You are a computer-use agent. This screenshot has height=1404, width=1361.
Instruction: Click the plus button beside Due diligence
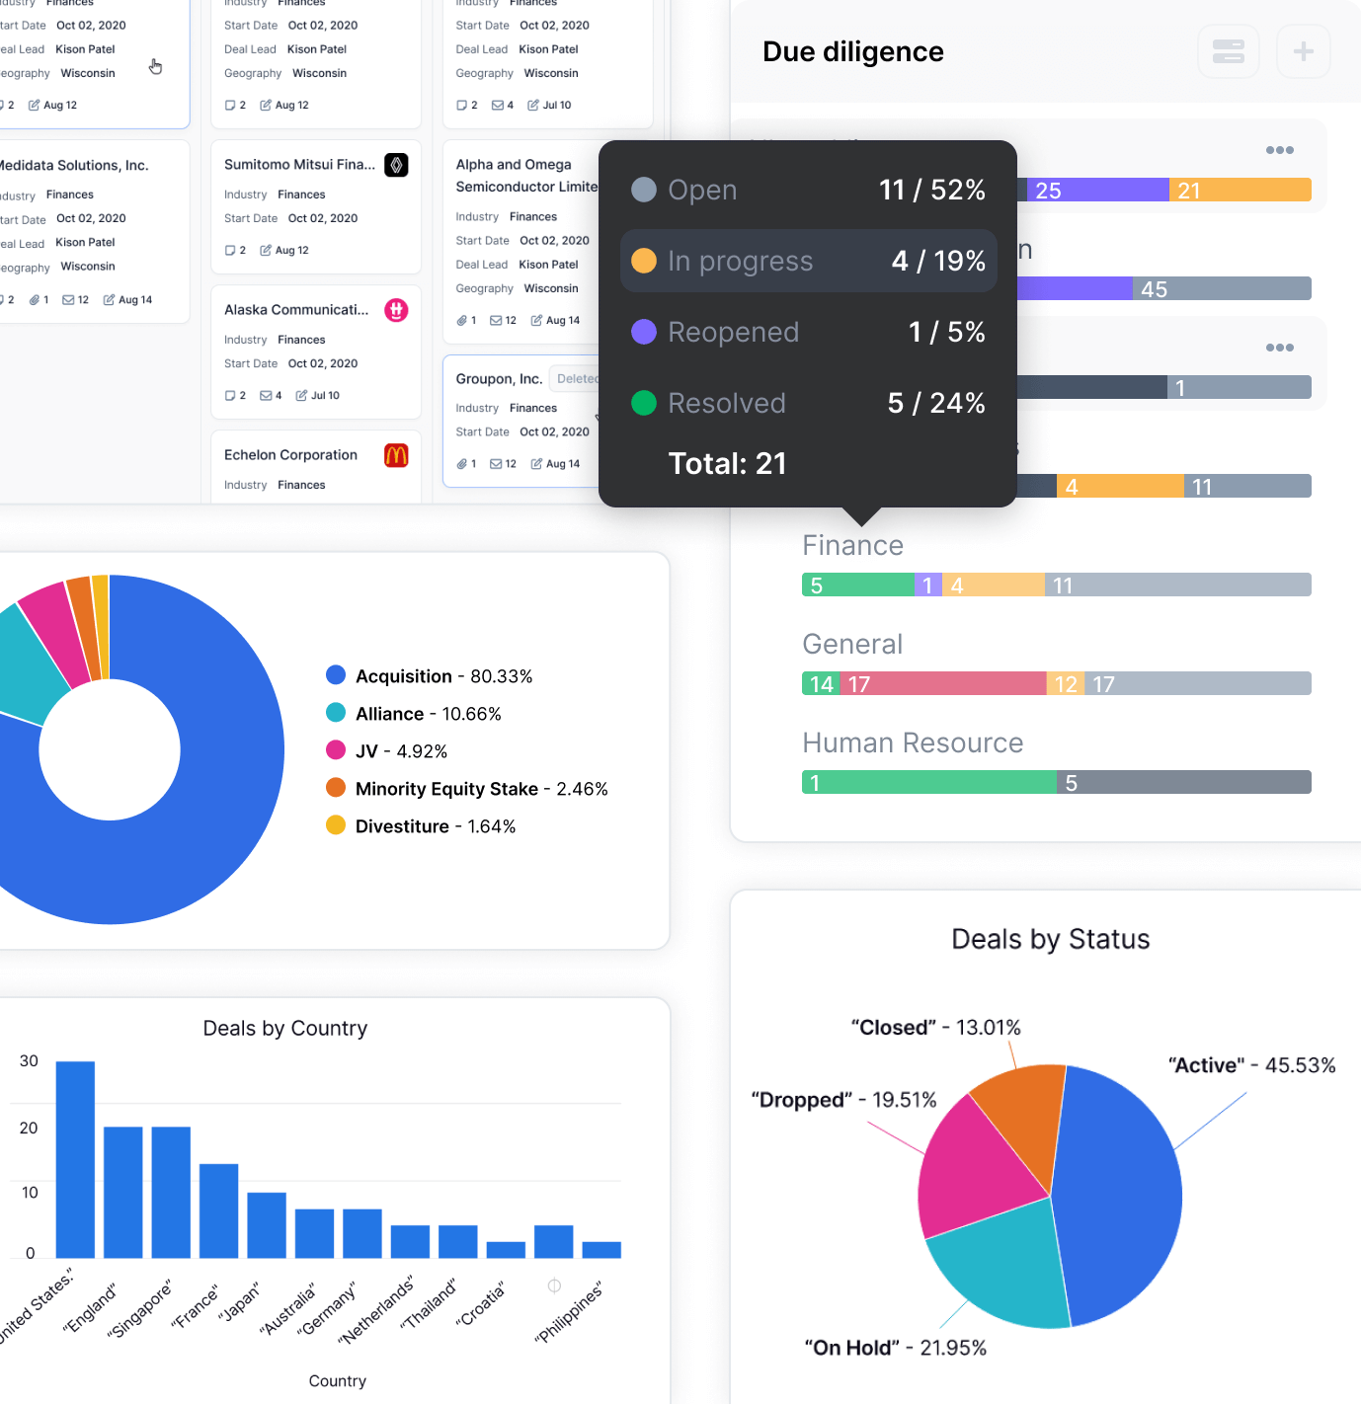(x=1303, y=51)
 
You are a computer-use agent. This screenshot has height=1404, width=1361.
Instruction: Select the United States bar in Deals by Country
(x=75, y=1159)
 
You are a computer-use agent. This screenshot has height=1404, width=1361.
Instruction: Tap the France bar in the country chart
(x=218, y=1210)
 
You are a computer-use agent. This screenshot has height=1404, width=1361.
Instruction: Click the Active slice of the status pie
(x=1121, y=1195)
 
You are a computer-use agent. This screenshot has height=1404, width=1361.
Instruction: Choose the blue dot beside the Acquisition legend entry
(x=336, y=675)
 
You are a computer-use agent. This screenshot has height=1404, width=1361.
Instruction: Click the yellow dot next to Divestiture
(x=336, y=825)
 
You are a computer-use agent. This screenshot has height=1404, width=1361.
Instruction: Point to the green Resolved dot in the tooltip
(x=644, y=403)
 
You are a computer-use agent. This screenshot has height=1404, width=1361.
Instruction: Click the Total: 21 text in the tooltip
(x=727, y=463)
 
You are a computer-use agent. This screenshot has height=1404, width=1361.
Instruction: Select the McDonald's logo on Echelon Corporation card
(x=396, y=455)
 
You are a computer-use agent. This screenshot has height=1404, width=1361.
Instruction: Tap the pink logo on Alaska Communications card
(x=396, y=310)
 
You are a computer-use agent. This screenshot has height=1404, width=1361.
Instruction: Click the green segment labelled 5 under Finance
(x=857, y=585)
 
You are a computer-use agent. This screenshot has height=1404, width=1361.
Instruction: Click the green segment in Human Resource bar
(x=928, y=783)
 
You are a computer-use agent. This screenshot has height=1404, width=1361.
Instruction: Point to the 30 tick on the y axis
(x=29, y=1061)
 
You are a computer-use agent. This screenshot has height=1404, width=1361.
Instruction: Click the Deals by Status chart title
(x=1050, y=939)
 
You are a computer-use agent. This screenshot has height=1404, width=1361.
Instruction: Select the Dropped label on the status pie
(x=801, y=1100)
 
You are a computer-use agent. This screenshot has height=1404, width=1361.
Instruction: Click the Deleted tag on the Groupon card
(x=576, y=379)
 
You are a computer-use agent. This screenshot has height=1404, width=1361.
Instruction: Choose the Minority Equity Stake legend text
(x=446, y=789)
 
